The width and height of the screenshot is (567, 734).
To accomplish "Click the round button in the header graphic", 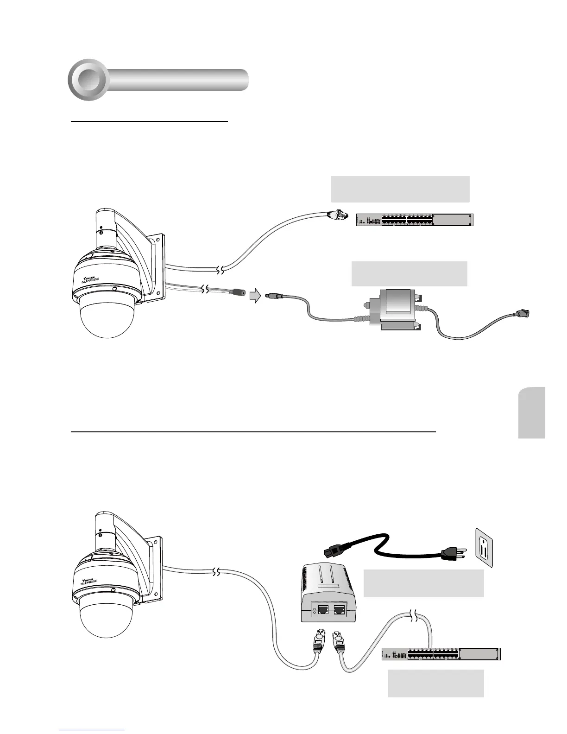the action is coord(88,80).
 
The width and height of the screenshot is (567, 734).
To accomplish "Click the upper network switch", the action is coord(415,220).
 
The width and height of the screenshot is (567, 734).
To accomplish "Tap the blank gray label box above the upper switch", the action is coord(400,189).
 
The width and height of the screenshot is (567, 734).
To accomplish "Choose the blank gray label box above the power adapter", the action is coord(409,274).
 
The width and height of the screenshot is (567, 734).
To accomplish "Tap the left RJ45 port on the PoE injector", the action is coord(321,609).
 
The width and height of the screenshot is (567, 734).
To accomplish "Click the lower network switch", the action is coord(441,654).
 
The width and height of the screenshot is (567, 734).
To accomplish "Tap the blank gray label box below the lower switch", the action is coord(435,683).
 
